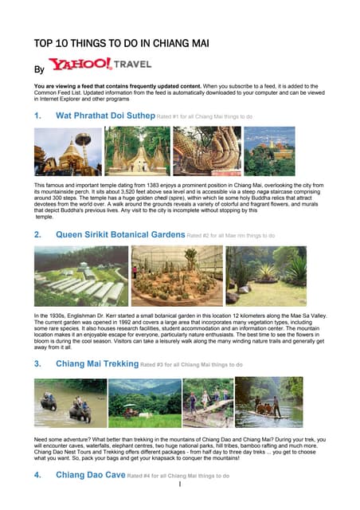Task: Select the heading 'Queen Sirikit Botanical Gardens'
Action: (x=119, y=236)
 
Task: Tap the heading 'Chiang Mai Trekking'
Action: (x=96, y=363)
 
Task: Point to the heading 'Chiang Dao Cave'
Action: (x=90, y=475)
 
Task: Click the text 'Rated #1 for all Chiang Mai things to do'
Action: (x=205, y=116)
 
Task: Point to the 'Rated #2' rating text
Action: (x=230, y=237)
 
